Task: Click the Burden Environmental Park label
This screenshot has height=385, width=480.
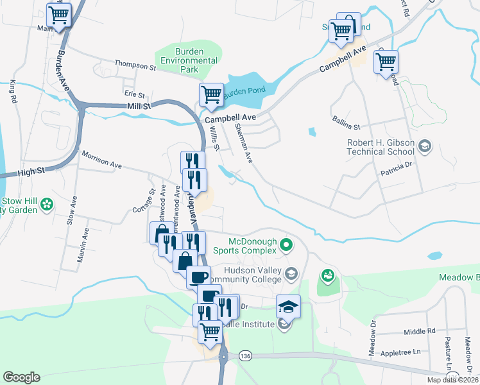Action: (x=189, y=60)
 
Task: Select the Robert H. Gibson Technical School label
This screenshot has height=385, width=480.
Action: (x=380, y=147)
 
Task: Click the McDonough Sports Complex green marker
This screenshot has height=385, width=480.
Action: (x=287, y=244)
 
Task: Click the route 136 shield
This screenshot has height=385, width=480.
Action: (x=244, y=355)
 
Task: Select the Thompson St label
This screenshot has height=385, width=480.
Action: (x=135, y=65)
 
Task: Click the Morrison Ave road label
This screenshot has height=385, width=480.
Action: (x=101, y=160)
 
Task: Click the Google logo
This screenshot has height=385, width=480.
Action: (x=21, y=377)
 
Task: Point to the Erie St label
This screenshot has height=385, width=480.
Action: (x=134, y=94)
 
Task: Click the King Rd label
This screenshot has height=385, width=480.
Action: (x=12, y=92)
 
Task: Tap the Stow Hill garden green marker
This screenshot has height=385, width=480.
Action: (x=46, y=205)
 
